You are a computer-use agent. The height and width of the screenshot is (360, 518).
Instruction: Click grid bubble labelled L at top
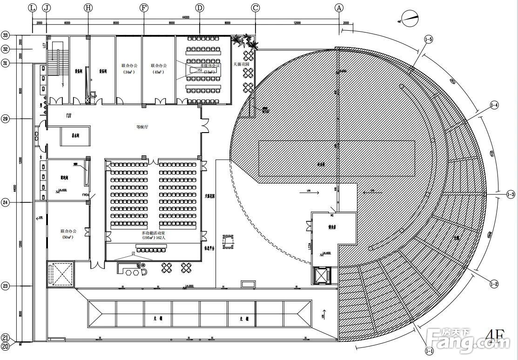pyautogui.click(x=32, y=8)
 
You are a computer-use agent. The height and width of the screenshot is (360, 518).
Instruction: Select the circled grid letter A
pyautogui.click(x=339, y=8)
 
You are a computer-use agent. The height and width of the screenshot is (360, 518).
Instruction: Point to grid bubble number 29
pyautogui.click(x=6, y=119)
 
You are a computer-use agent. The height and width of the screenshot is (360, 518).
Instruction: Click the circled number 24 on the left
pyautogui.click(x=6, y=202)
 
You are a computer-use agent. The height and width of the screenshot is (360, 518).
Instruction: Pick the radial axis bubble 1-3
pyautogui.click(x=510, y=194)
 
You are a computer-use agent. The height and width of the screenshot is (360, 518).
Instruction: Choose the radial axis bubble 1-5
pyautogui.click(x=428, y=40)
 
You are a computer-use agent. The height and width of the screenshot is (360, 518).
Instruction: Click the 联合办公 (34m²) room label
pyautogui.click(x=129, y=69)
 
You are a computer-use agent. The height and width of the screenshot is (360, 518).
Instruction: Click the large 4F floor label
pyautogui.click(x=495, y=336)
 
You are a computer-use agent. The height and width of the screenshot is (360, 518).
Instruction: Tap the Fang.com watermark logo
pyautogui.click(x=470, y=342)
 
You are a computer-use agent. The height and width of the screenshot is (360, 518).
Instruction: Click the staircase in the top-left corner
pyautogui.click(x=58, y=63)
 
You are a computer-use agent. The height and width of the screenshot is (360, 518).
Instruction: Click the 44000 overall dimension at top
pyautogui.click(x=186, y=17)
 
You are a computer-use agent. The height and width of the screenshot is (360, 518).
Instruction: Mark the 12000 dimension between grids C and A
pyautogui.click(x=297, y=23)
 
